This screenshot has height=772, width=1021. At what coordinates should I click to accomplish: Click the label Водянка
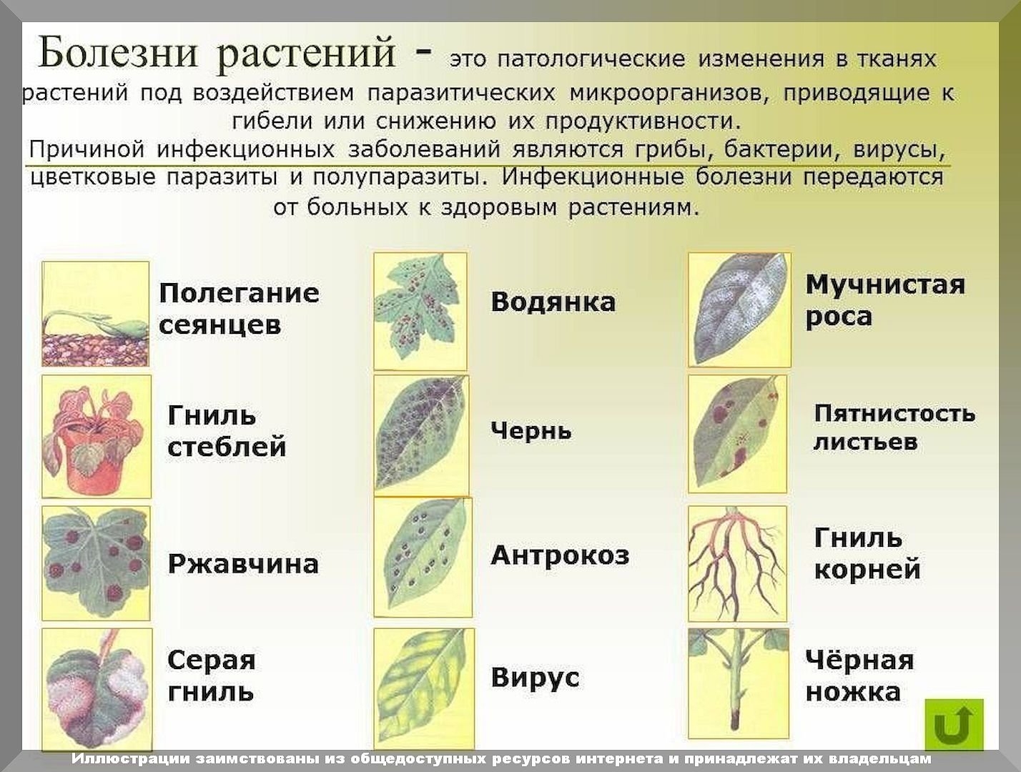pyautogui.click(x=553, y=302)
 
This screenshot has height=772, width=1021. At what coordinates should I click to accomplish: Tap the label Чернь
pyautogui.click(x=531, y=430)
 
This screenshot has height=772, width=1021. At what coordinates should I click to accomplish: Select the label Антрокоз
pyautogui.click(x=560, y=555)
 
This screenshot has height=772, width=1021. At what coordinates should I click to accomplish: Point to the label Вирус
pyautogui.click(x=535, y=677)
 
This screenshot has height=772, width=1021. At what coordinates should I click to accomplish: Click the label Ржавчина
pyautogui.click(x=243, y=564)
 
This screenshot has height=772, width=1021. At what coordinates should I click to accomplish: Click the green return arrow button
pyautogui.click(x=954, y=725)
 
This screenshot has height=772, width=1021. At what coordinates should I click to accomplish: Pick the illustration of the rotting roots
pyautogui.click(x=737, y=564)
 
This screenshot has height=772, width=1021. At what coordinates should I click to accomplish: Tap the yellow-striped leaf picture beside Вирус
pyautogui.click(x=424, y=688)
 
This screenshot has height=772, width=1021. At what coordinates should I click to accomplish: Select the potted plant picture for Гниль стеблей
pyautogui.click(x=97, y=436)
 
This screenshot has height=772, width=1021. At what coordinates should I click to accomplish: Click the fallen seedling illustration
pyautogui.click(x=95, y=314)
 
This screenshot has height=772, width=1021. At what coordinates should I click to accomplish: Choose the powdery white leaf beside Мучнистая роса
pyautogui.click(x=739, y=310)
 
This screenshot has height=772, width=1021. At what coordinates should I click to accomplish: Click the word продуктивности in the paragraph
pyautogui.click(x=642, y=122)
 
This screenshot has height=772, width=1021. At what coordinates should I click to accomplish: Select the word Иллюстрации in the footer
pyautogui.click(x=131, y=759)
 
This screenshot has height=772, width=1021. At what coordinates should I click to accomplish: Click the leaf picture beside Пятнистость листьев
pyautogui.click(x=737, y=434)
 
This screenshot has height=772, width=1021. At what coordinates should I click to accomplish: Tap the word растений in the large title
pyautogui.click(x=307, y=56)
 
